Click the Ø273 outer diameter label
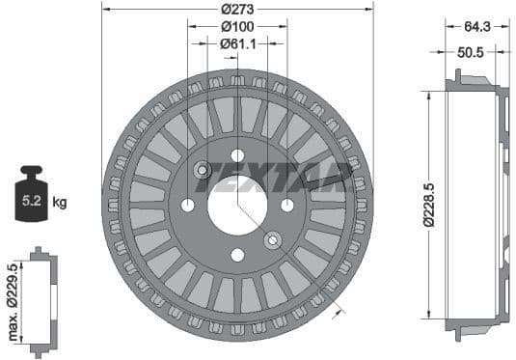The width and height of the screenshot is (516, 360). coord(237,9)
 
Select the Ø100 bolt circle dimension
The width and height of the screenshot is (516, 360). coord(237,25)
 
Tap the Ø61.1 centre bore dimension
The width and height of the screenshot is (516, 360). coord(237,42)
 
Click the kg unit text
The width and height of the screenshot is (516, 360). coord(60,202)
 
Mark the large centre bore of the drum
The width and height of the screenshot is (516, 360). coord(237,205)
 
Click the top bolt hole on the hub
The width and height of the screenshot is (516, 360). coord(237,155)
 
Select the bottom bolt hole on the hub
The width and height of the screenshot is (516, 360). coord(237,255)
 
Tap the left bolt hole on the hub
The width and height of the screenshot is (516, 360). coord(188,205)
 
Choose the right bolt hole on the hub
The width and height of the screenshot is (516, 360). coord(286,205)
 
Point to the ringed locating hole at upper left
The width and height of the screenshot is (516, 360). coord(203,171)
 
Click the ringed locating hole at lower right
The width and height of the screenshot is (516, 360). coord(273,239)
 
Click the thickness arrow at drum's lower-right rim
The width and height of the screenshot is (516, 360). coord(337,310)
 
